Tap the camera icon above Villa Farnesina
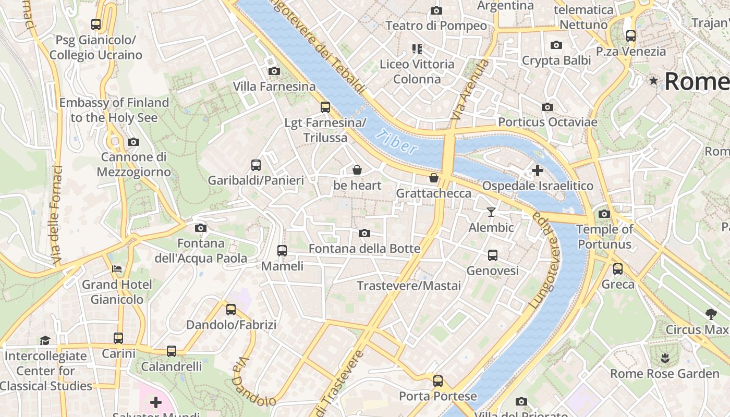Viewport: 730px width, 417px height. pos(274,71)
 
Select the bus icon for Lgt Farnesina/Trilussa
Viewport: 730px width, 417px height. pos(325,107)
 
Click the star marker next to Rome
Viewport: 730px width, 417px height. pos(653,81)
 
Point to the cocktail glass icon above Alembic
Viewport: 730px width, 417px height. pos(491,212)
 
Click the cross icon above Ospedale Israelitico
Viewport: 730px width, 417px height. pos(537,170)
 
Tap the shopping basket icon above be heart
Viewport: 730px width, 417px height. pos(357,170)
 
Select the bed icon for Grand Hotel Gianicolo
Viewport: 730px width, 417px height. pos(117,269)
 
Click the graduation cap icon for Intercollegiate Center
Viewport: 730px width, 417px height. pos(45,341)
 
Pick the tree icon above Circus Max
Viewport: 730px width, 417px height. pos(711,314)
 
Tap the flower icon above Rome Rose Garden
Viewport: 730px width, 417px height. pos(664,358)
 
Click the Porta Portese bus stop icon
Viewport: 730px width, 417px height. pos(438,381)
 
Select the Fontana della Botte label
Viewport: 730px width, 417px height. pos(364,249)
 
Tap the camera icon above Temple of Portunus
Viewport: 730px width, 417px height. pos(604,214)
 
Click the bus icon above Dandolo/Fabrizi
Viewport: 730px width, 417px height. pos(231,310)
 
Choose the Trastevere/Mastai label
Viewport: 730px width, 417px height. pos(409,286)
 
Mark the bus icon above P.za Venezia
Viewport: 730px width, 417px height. pos(631,36)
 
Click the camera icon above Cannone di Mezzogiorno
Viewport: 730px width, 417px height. pos(133,142)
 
